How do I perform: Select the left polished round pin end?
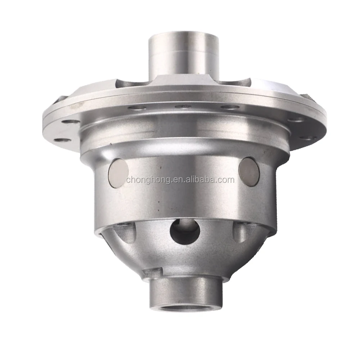pyautogui.click(x=118, y=172)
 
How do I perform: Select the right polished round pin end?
pyautogui.click(x=249, y=171)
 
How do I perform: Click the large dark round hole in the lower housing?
pyautogui.click(x=185, y=231)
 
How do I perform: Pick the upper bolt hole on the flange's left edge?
pyautogui.click(x=71, y=122)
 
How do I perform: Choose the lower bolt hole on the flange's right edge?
pyautogui.click(x=306, y=138)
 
